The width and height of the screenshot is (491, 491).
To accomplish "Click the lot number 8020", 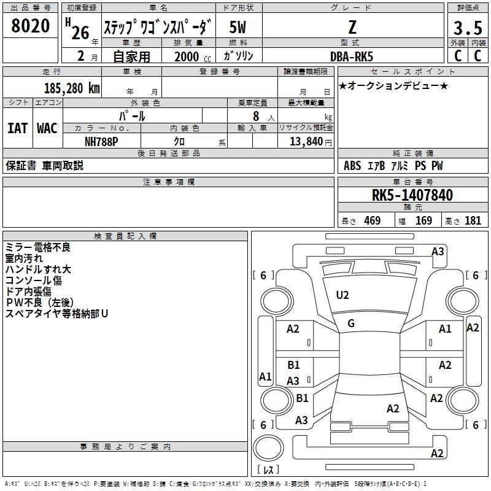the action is [x=30, y=26].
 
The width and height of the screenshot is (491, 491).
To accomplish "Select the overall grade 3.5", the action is [x=468, y=28].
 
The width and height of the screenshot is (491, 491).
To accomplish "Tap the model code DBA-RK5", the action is [x=352, y=56].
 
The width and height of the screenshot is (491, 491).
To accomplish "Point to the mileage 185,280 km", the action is [x=72, y=88].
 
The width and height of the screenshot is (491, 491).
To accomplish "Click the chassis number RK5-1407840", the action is [x=412, y=195].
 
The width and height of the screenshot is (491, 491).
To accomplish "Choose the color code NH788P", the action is [x=101, y=142].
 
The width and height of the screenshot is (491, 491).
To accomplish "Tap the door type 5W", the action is [x=238, y=27].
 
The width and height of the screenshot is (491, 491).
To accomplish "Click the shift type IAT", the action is [x=18, y=128].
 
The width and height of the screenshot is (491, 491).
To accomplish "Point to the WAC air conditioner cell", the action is [x=47, y=128].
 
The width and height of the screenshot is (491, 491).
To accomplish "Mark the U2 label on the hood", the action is [x=342, y=295].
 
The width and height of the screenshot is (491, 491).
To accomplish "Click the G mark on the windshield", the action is [x=351, y=323].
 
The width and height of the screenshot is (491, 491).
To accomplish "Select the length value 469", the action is [x=373, y=220].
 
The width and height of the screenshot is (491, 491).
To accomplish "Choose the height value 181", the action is [x=473, y=220].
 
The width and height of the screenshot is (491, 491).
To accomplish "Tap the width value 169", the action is [x=423, y=220].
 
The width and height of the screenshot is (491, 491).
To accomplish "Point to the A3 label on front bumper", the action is [x=438, y=252].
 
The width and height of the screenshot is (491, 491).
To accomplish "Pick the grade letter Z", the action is [x=352, y=27].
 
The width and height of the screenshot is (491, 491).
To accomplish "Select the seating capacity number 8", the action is [x=256, y=116].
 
